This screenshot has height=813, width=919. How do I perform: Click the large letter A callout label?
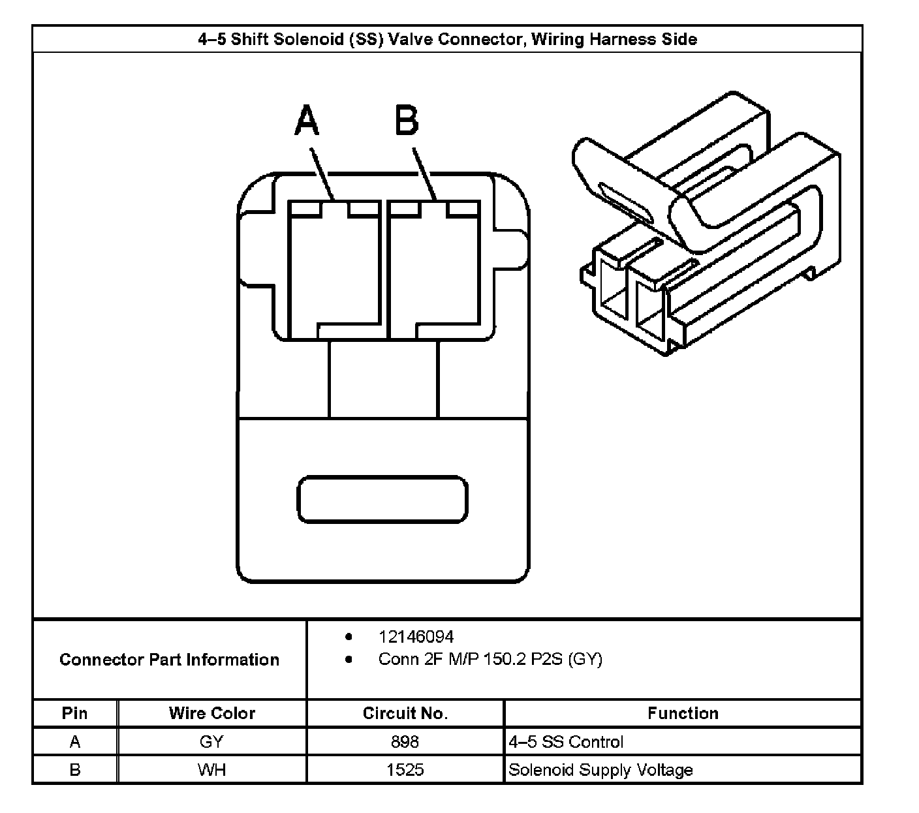[307, 121]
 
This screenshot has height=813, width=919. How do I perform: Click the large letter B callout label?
[407, 121]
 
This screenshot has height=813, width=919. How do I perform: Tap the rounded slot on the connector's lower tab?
[382, 500]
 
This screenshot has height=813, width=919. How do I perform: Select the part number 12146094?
[416, 637]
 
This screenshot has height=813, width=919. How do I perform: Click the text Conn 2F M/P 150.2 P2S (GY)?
[490, 659]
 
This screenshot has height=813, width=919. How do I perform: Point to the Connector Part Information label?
[169, 660]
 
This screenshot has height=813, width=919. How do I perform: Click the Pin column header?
[74, 713]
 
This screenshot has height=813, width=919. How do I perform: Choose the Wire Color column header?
[211, 713]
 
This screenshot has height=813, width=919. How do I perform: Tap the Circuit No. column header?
[405, 713]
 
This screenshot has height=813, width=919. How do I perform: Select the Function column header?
[683, 713]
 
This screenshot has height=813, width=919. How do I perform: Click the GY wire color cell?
[211, 742]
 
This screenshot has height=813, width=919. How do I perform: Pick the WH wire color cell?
[211, 770]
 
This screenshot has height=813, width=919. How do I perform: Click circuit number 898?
[405, 742]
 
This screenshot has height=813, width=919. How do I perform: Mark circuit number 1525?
[405, 770]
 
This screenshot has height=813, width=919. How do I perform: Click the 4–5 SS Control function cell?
[566, 742]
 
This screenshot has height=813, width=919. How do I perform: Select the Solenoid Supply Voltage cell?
[600, 770]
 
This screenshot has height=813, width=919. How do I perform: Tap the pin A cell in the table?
[74, 742]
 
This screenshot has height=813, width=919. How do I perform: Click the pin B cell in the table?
[74, 770]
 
